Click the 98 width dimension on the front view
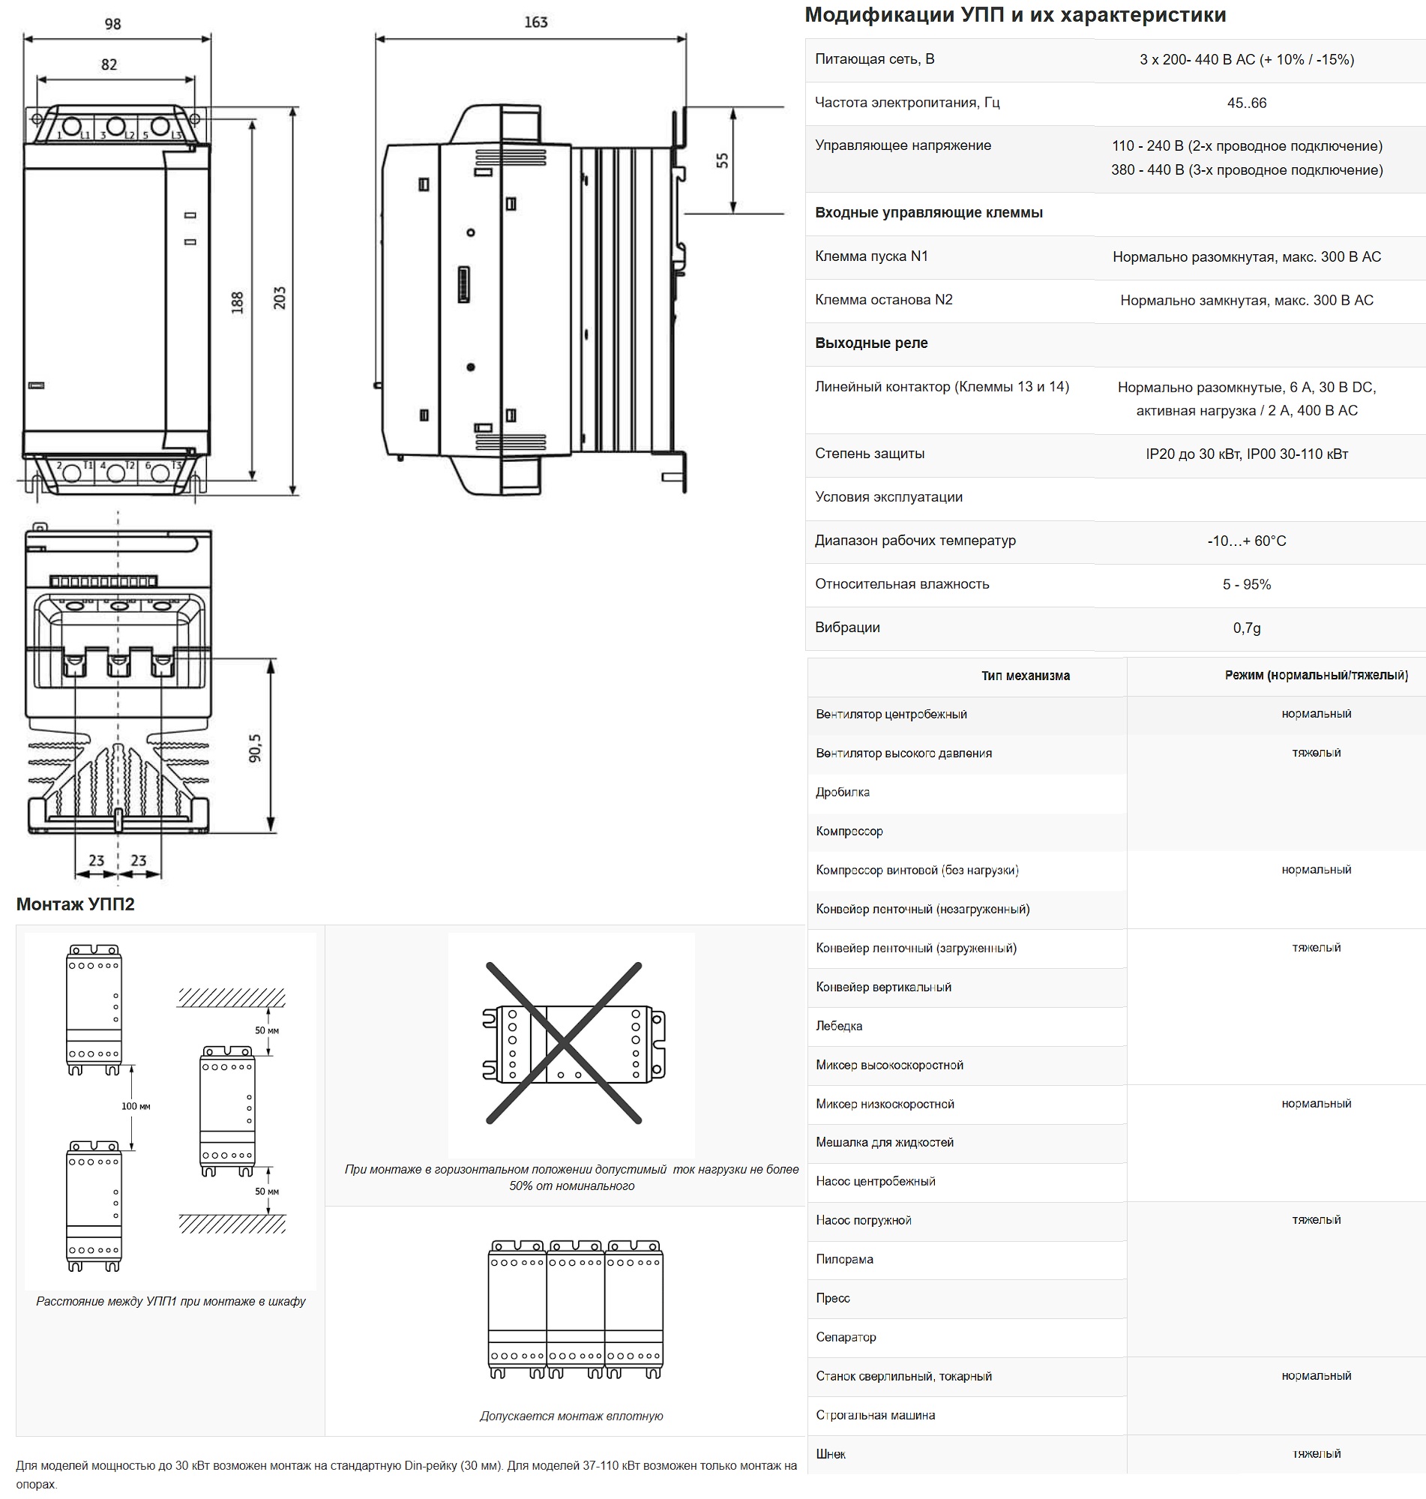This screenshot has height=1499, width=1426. pos(112,24)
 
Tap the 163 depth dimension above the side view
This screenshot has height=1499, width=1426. pos(536,22)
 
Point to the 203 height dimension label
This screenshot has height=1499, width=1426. pos(280,297)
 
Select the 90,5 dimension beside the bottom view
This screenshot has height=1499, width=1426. pos(255,748)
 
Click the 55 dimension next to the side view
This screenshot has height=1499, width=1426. pos(722,161)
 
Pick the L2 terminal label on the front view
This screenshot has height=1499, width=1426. pos(130,135)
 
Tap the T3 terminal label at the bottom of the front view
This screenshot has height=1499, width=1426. pos(176,465)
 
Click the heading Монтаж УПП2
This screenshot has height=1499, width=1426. pos(75,904)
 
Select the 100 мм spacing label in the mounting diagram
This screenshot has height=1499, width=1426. pos(136,1106)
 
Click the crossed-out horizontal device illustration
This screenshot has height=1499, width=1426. pos(571,1043)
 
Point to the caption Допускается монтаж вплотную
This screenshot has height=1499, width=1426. pos(571,1417)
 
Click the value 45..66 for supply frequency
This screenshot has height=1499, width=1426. pos(1247,103)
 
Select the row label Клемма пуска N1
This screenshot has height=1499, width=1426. pos(872,257)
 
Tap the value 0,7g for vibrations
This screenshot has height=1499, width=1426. pos(1247,628)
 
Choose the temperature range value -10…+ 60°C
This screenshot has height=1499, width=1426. pos(1247,541)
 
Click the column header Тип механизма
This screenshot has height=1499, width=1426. pos(1026,676)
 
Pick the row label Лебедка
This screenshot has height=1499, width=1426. pos(839,1026)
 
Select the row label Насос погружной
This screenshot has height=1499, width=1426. pos(864,1221)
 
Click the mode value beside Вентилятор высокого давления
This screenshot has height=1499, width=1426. pos(1316,754)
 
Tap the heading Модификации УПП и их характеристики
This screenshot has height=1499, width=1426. pos(1016,15)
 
